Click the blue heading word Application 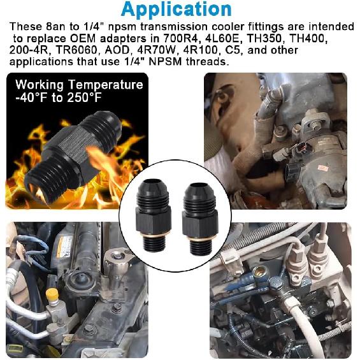pyautogui.click(x=176, y=10)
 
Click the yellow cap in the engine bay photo pyautogui.click(x=52, y=294)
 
